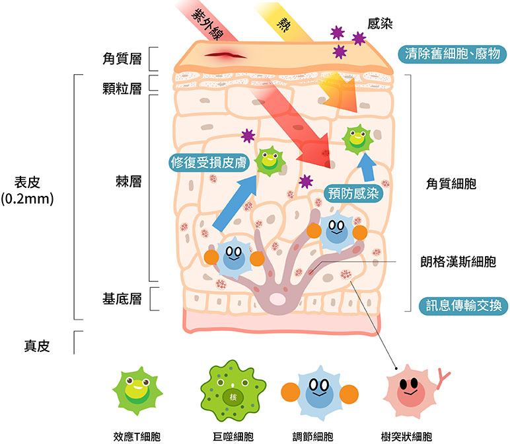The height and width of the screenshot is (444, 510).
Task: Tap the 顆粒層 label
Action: coord(122,89)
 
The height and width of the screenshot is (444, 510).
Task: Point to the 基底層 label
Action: coord(122,298)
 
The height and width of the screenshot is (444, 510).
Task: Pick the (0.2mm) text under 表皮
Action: coord(28,199)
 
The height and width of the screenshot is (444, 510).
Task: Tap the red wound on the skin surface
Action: coord(221,56)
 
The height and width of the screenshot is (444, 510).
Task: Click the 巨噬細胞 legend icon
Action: coord(233,394)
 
